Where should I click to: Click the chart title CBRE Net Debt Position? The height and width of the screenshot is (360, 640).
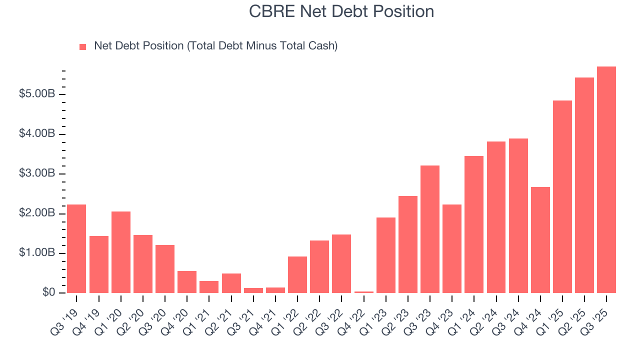coord(341,11)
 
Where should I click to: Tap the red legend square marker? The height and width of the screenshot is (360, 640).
coord(83,46)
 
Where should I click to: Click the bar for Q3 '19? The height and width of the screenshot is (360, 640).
coord(76,248)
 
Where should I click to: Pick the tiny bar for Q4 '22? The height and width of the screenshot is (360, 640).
coord(364,292)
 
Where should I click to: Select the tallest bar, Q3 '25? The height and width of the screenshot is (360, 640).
coord(606,179)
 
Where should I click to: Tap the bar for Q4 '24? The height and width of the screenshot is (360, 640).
coord(540,240)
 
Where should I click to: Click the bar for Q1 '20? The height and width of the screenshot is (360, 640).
coord(121,252)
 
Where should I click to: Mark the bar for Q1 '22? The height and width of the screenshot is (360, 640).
coord(297,274)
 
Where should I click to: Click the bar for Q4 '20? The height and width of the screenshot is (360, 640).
coord(187,282)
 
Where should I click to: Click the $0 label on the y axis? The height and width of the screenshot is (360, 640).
coord(48,293)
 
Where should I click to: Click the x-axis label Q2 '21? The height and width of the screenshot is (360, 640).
coord(223,316)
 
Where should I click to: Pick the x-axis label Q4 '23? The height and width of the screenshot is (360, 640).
coord(444,316)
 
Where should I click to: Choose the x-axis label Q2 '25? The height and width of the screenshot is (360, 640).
coord(577,316)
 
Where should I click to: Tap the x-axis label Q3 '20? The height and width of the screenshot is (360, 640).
coord(157,316)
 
